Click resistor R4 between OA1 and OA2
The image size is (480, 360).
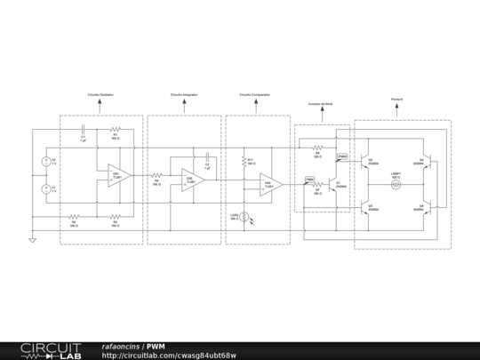click(156, 175)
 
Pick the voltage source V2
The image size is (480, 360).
click(45, 161)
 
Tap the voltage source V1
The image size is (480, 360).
click(45, 188)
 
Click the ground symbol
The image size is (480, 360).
click(33, 239)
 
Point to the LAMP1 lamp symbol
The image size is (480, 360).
click(397, 184)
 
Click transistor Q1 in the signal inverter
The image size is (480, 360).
click(332, 184)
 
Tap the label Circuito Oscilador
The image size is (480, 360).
click(100, 93)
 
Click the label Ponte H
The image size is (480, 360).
click(397, 100)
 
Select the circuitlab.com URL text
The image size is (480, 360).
click(169, 356)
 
